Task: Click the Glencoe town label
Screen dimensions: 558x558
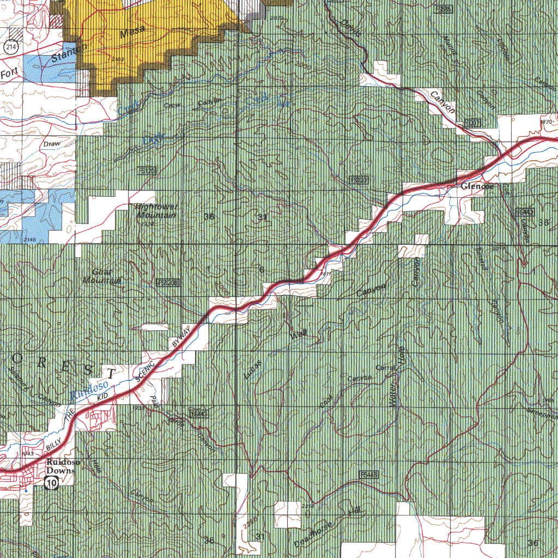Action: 477,187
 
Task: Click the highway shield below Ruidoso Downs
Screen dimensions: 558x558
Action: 52,482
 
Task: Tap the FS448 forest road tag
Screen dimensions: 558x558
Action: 369,475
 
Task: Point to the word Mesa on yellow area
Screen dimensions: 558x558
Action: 132,35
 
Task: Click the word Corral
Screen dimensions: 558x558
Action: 385,368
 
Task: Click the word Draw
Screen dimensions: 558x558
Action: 50,143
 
